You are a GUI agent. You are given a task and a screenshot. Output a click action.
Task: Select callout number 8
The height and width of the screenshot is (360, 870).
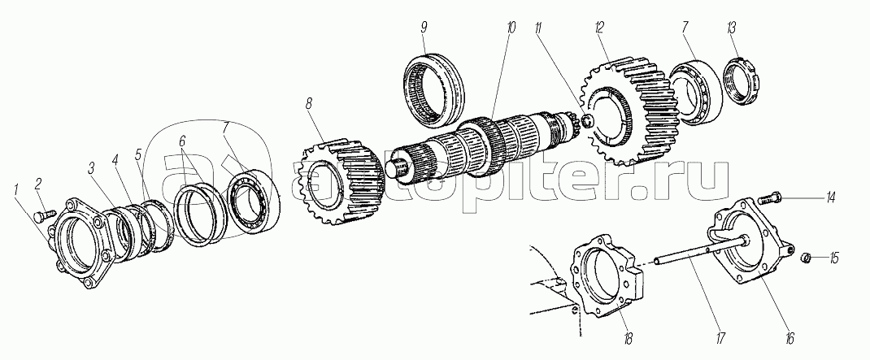pos(308,103)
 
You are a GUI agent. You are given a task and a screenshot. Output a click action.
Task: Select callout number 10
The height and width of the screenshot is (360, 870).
pos(511,28)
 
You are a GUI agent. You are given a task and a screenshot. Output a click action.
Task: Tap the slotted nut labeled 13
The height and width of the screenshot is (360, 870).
pos(739,80)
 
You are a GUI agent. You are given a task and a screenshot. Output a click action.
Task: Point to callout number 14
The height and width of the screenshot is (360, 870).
pos(831,198)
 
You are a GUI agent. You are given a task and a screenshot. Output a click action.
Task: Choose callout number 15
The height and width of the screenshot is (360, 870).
pos(834,258)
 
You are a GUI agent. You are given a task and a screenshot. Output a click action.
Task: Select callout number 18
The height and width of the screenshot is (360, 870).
pos(628,338)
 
